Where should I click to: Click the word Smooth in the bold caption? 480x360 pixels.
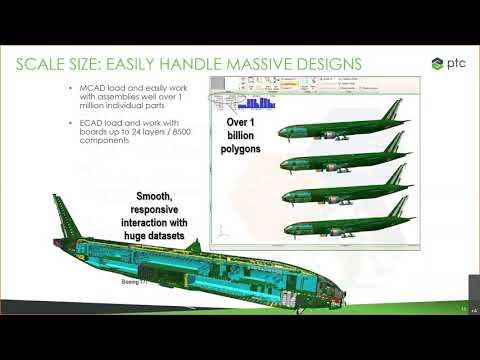157,196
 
